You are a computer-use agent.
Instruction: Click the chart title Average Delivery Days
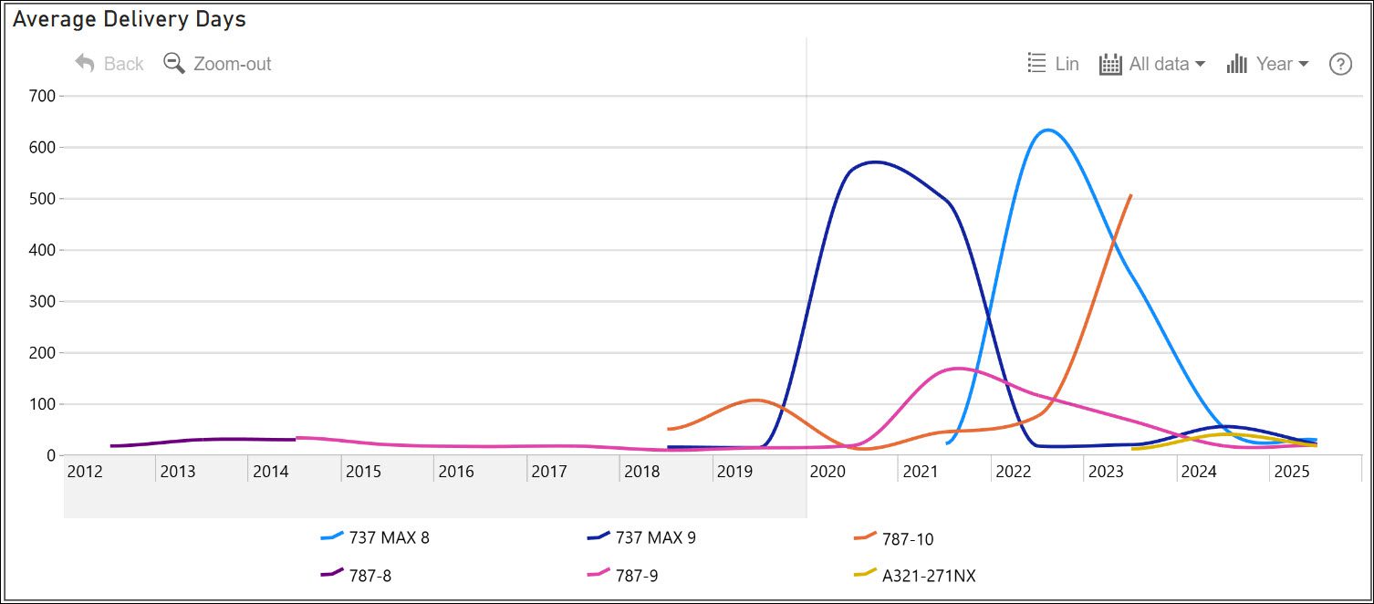pos(130,19)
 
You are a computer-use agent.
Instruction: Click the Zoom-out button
pos(218,64)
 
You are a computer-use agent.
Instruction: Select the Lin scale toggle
pos(1054,64)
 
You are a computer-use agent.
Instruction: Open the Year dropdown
pos(1268,64)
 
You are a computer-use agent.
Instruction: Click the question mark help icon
pos(1339,64)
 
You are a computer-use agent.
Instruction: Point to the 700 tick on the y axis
pos(43,96)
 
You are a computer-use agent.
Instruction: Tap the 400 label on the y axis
pos(43,250)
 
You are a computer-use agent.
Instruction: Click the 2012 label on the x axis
pos(84,472)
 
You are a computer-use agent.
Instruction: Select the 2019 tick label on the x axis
pos(734,472)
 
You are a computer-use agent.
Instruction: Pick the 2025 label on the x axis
pos(1291,472)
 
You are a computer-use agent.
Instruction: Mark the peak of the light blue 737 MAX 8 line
pos(1047,130)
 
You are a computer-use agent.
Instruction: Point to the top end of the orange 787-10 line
pos(1130,195)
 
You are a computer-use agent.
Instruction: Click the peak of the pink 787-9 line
pos(956,369)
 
